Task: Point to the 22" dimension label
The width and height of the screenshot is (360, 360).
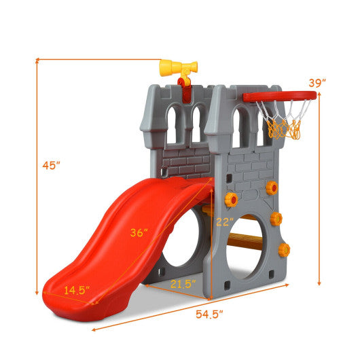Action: pyautogui.click(x=226, y=221)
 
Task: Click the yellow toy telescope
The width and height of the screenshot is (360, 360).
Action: pyautogui.click(x=179, y=67)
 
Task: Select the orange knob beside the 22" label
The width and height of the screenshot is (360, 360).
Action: pyautogui.click(x=231, y=199)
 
